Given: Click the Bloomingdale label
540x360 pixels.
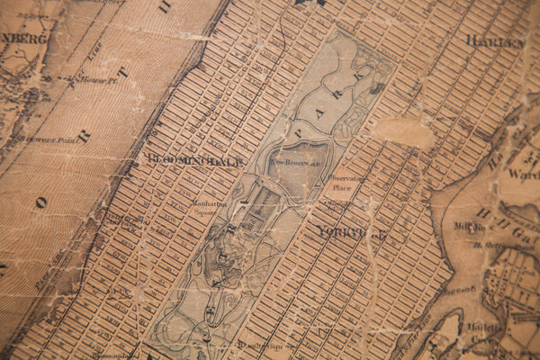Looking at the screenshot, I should pyautogui.click(x=194, y=161).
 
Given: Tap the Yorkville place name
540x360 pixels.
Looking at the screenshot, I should pyautogui.click(x=351, y=232).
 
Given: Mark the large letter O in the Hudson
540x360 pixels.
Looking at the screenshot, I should pyautogui.click(x=40, y=202).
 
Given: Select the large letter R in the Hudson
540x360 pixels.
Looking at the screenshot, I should pyautogui.click(x=84, y=136).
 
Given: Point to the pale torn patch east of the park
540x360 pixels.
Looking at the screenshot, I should pyautogui.click(x=405, y=132).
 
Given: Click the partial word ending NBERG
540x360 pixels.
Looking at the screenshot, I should pyautogui.click(x=22, y=39).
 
